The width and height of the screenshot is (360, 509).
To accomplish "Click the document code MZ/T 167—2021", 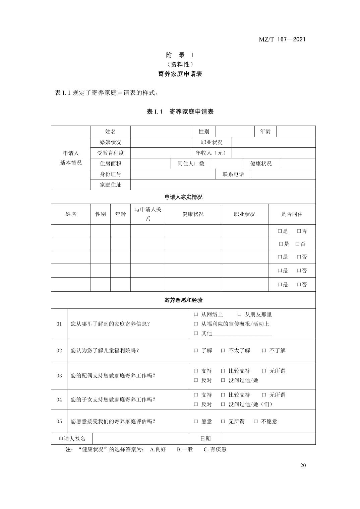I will (282, 39).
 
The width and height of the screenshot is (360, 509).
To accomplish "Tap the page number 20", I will (303, 465).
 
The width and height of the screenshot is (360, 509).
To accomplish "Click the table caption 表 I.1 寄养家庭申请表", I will (180, 112).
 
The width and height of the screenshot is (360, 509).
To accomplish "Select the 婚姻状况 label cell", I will (110, 142).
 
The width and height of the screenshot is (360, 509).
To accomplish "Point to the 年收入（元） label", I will (211, 153).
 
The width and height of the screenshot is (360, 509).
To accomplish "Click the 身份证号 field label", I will (110, 174).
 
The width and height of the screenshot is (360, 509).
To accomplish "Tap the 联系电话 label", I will (233, 174).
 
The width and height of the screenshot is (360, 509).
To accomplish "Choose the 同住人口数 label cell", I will (191, 163).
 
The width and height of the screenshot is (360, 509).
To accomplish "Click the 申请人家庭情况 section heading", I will (183, 197).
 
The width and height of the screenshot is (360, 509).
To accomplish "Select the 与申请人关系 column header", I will (147, 214).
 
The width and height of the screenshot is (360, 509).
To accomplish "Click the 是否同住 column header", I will (292, 214).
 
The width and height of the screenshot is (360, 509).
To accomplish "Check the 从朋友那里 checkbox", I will (239, 315).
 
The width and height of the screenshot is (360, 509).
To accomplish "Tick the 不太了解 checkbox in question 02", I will (223, 351).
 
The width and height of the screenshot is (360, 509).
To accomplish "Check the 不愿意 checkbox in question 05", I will (256, 422).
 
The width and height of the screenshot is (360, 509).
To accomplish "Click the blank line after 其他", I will (242, 334).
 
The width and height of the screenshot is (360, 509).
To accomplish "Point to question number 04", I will (59, 399).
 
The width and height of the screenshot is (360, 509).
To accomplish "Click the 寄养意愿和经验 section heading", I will (183, 300).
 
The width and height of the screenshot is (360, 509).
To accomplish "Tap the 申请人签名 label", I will (72, 439).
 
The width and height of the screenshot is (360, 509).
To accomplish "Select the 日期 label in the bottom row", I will (205, 439).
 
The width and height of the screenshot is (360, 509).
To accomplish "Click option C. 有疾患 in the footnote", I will (215, 449).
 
